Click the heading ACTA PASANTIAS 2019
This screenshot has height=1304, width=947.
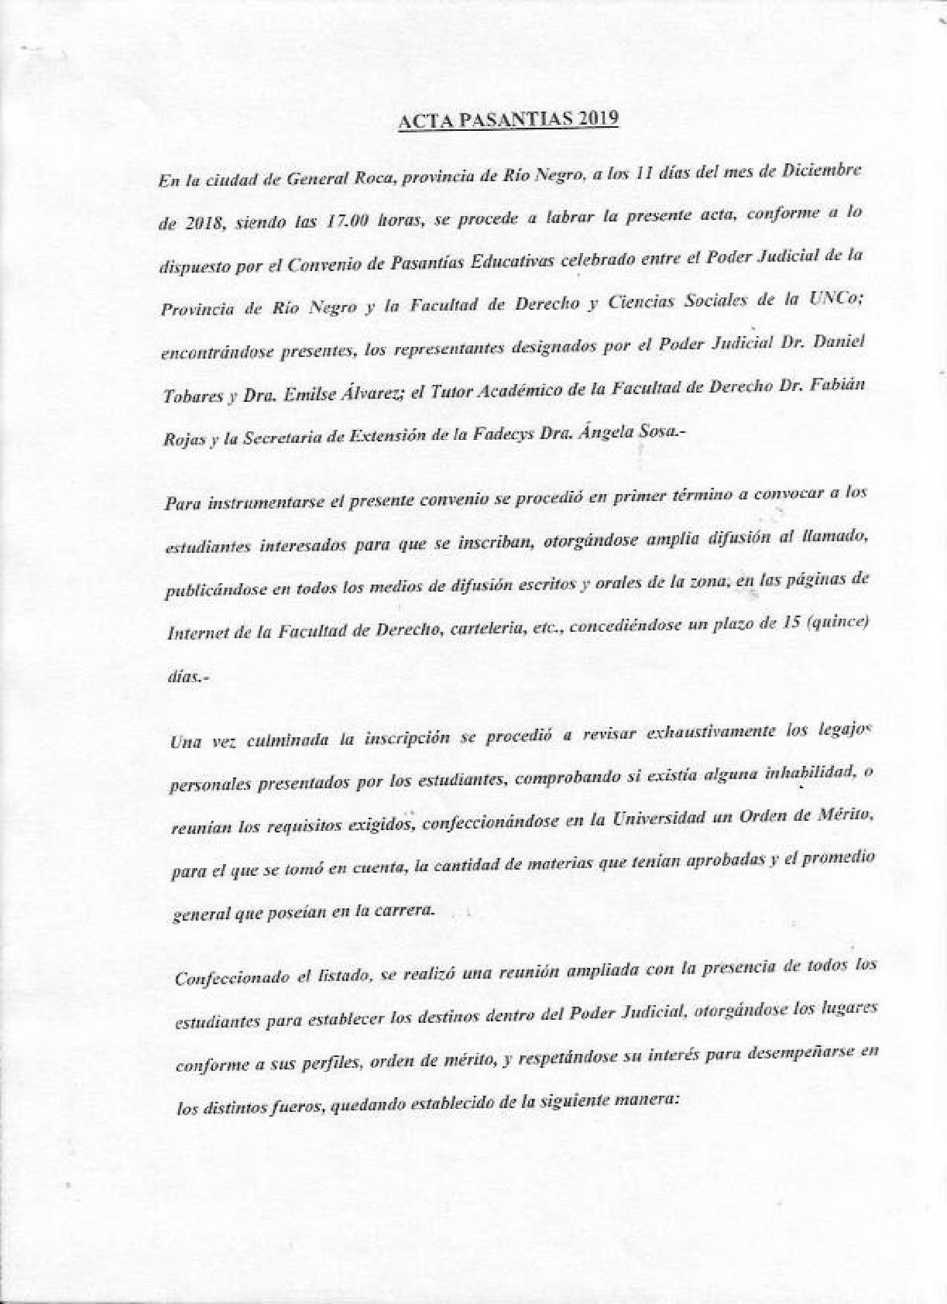[x=508, y=120]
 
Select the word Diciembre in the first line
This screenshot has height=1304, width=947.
[x=820, y=173]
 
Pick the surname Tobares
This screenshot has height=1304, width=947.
[x=193, y=395]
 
